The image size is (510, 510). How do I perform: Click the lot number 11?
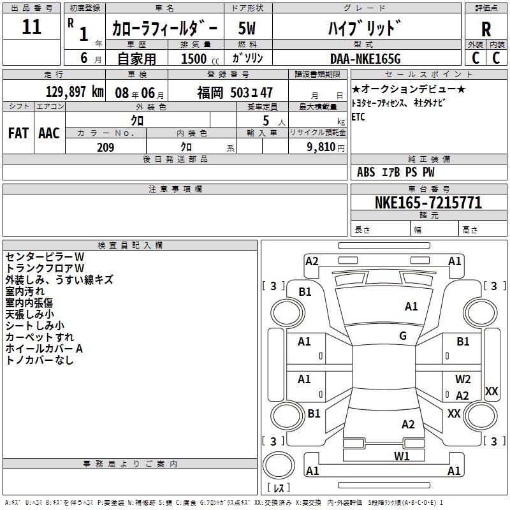[31, 27]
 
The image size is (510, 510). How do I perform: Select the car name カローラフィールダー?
[164, 28]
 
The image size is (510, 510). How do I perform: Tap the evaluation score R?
[486, 29]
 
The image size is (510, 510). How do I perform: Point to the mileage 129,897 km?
[75, 91]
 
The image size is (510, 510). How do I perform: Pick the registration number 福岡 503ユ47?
[235, 92]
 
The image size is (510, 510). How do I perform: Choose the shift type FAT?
[18, 133]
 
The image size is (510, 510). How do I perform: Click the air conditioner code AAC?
[48, 133]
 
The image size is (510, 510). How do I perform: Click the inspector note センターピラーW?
[45, 256]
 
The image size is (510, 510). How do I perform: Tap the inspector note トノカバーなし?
[40, 360]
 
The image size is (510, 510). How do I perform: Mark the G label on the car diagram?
[403, 336]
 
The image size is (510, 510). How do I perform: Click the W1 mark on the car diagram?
[401, 456]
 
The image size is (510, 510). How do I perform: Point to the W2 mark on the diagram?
[463, 379]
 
